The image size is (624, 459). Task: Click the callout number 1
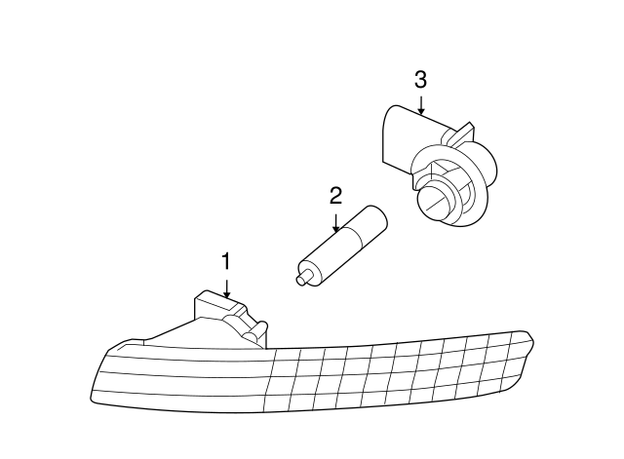226,261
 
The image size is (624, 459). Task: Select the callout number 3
420,80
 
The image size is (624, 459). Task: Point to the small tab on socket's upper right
468,129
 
